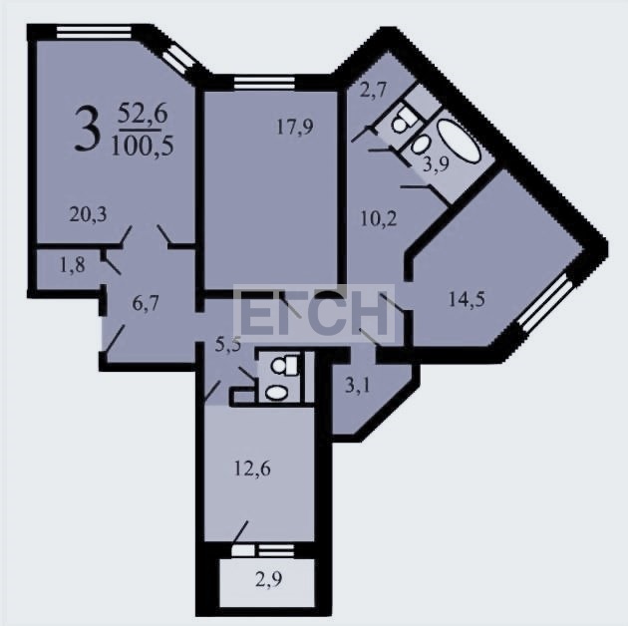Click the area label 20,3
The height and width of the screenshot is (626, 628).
(88, 214)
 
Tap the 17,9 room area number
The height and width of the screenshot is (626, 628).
(295, 127)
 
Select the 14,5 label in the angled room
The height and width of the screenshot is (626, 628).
(467, 299)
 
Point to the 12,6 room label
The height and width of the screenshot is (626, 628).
(252, 469)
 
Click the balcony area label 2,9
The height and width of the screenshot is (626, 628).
(269, 579)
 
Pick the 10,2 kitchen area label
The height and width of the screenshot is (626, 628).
(379, 218)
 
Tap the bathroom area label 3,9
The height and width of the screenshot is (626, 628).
(437, 163)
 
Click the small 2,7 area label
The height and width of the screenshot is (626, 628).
(373, 90)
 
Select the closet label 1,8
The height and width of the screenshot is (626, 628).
(73, 265)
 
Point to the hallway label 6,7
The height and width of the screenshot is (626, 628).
(146, 303)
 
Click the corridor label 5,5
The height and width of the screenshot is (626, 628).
(228, 344)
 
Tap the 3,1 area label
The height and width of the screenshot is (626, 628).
(358, 387)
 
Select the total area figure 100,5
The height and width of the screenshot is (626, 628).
(143, 146)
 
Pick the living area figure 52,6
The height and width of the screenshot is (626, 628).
(143, 114)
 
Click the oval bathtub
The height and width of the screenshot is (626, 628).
(459, 142)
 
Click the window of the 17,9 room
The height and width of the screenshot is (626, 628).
(264, 84)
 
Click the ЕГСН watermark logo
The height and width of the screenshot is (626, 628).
(314, 314)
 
